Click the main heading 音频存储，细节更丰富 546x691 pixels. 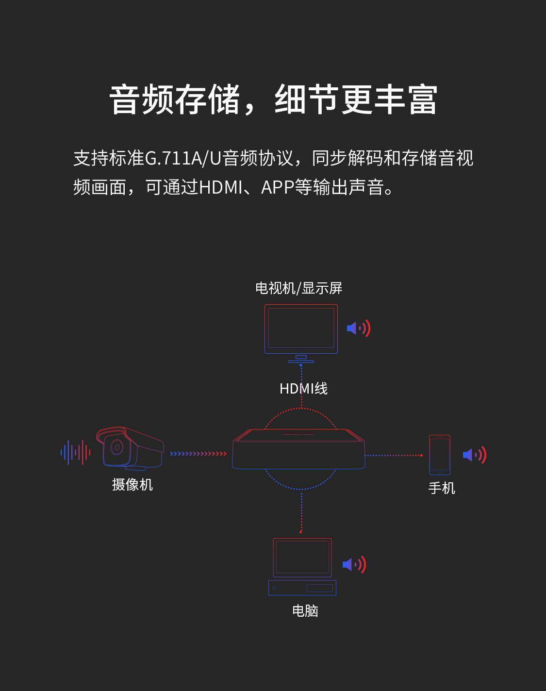tap(273, 100)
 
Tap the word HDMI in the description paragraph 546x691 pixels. tap(220, 187)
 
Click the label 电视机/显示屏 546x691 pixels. tap(298, 288)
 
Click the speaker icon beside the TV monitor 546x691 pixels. tap(359, 329)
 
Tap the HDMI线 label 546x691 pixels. tap(303, 389)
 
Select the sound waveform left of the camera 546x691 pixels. tap(75, 453)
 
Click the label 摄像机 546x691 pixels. tap(132, 484)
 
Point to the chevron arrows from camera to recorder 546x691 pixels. tap(198, 454)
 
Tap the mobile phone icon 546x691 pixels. tap(439, 455)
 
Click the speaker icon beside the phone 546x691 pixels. tap(474, 455)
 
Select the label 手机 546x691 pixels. tap(442, 488)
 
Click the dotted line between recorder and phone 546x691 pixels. tap(393, 455)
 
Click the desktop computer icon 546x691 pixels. tap(302, 566)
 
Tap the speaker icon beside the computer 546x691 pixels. tap(354, 564)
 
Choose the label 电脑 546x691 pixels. tap(305, 610)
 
